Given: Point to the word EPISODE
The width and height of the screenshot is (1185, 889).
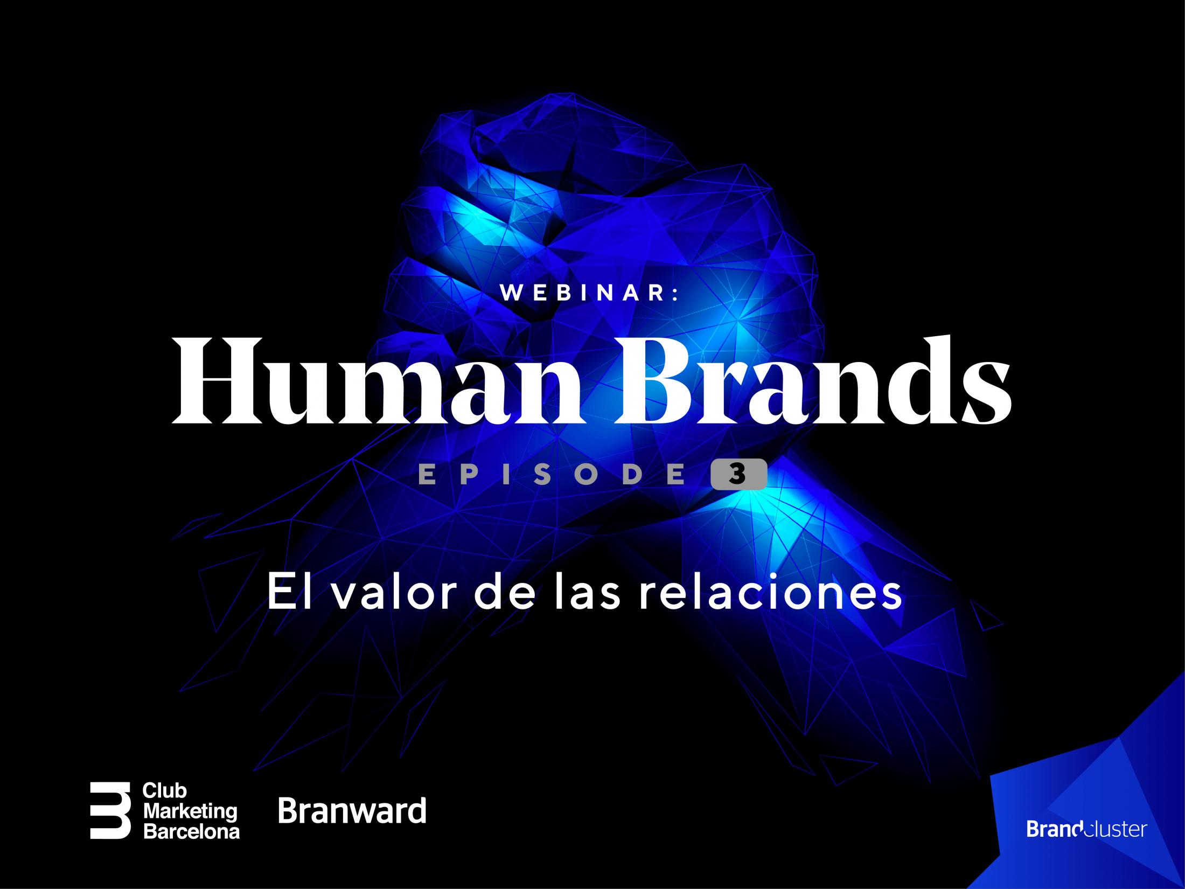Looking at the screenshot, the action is click(552, 475).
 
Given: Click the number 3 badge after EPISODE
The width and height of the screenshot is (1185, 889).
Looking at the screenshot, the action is click(738, 474).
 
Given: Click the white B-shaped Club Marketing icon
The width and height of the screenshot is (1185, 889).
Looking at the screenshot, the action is click(110, 810).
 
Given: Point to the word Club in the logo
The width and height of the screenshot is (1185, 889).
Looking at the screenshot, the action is click(164, 791).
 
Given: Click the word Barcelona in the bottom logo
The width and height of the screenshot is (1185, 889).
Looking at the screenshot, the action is click(191, 831).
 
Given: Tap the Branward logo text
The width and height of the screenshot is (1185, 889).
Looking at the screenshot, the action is click(352, 811).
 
